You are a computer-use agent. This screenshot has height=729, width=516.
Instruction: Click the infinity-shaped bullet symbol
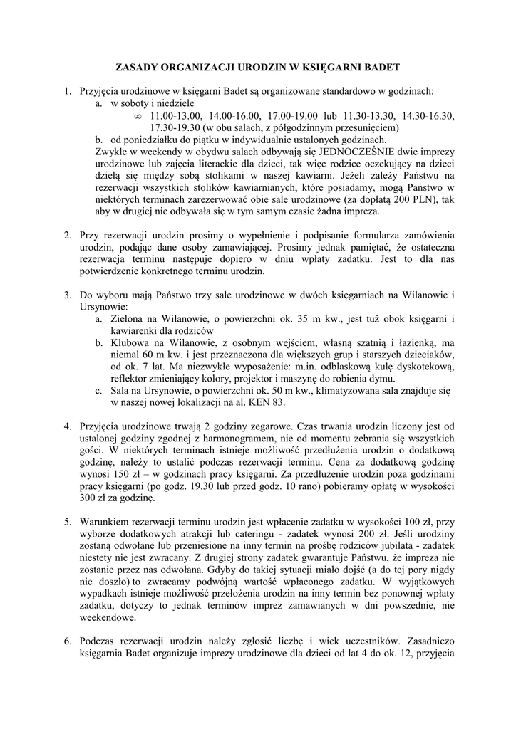tap(138, 115)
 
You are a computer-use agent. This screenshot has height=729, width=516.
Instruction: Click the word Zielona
tap(128, 319)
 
